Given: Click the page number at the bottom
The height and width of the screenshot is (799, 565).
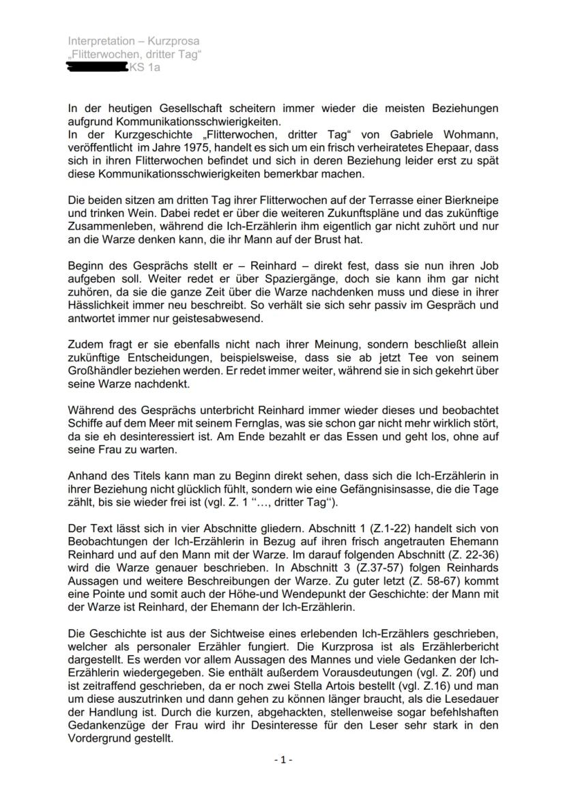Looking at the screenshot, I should tap(282, 759).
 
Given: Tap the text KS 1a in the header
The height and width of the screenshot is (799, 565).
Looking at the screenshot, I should tap(145, 68).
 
